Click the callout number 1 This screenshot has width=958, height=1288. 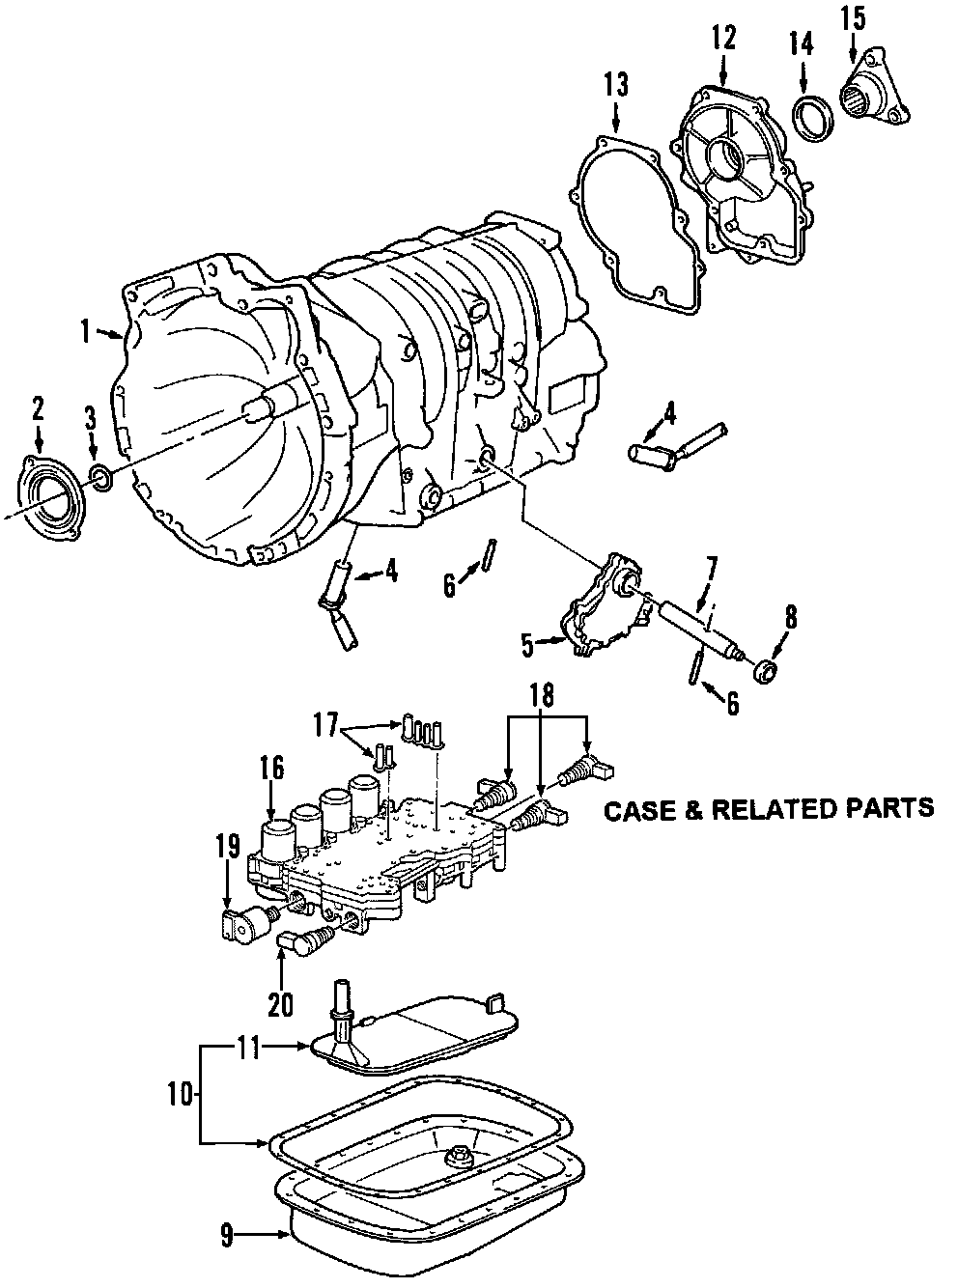pyautogui.click(x=85, y=332)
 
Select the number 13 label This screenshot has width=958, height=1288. pyautogui.click(x=616, y=85)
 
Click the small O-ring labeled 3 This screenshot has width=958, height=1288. pyautogui.click(x=99, y=476)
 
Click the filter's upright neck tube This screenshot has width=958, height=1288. pyautogui.click(x=339, y=1022)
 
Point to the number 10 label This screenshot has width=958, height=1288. pyautogui.click(x=180, y=1095)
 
